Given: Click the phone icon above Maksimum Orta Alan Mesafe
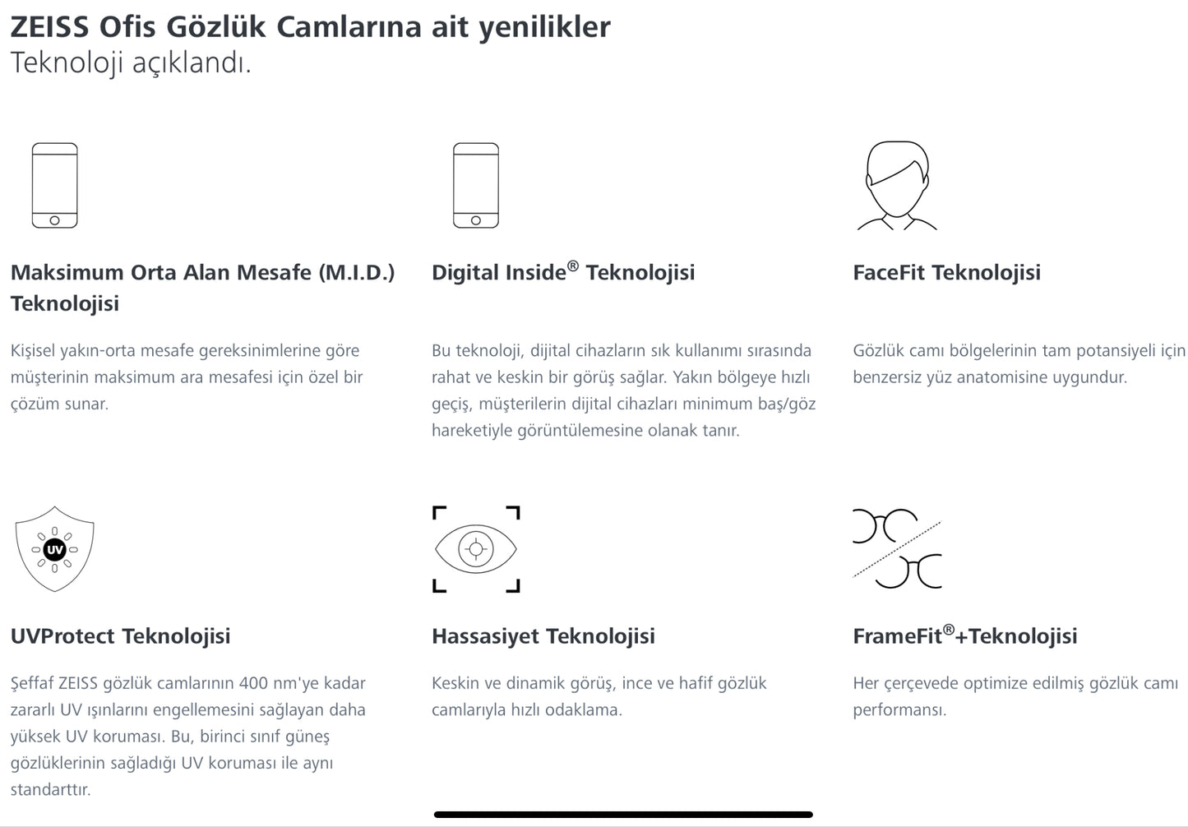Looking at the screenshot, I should tap(54, 186).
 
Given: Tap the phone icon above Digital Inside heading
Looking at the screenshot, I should tap(475, 186).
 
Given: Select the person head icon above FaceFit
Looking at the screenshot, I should tap(896, 186).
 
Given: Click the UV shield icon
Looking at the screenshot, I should tap(54, 549).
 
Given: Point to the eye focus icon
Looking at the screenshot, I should tap(476, 549).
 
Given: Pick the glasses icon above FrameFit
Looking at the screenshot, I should tap(897, 549).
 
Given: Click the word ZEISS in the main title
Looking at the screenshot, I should tap(49, 27).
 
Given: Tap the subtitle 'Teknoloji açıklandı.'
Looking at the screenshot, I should tap(131, 62).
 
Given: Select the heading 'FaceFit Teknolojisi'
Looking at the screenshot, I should tap(946, 272).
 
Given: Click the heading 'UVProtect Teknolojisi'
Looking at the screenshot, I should tap(120, 636).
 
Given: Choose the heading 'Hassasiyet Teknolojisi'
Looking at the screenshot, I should tap(543, 636).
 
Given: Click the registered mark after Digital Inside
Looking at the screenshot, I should tap(573, 265).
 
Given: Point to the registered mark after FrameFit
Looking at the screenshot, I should tap(948, 629).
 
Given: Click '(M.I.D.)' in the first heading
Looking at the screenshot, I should tap(356, 272).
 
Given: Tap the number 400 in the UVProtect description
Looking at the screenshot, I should tap(255, 683).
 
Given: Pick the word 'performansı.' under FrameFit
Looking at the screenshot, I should tap(899, 709).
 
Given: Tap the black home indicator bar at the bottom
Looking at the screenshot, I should tap(623, 815).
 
